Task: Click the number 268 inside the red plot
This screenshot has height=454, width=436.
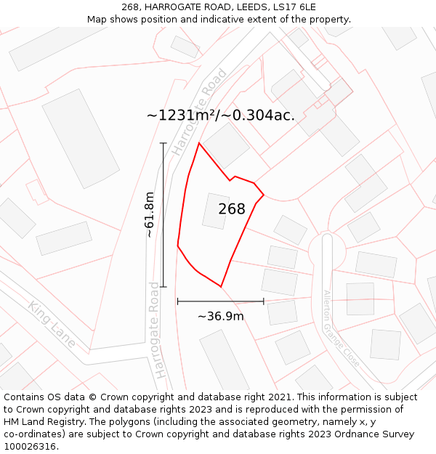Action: pos(232,209)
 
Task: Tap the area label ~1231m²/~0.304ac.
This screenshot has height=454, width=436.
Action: pos(221,115)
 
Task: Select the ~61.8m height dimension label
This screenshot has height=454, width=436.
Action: pos(150,214)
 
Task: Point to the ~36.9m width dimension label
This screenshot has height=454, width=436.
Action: pos(221,316)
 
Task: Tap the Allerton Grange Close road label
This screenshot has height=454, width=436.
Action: pos(341,328)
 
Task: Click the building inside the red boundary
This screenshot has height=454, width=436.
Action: pos(216,211)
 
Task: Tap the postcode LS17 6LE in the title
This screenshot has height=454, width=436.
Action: pos(291,7)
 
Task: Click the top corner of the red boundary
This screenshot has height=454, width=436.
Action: pos(199,143)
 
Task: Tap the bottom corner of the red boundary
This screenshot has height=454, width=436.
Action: pos(221,287)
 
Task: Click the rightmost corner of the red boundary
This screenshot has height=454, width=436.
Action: pos(263,195)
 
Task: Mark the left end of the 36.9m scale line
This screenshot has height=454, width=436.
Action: pos(177,301)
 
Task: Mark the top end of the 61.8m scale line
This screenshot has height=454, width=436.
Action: pos(163,143)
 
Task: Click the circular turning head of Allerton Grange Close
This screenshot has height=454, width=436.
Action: pos(326,251)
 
